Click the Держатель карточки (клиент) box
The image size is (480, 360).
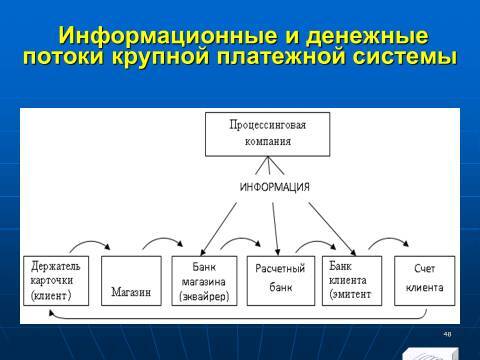[x=57, y=280]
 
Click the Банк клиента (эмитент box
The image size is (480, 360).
[x=351, y=280]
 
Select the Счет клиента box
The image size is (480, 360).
[x=424, y=280]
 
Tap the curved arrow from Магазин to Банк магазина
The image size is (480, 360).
[x=164, y=243]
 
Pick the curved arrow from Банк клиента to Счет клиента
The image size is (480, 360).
[x=388, y=243]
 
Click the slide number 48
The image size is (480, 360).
[x=446, y=333]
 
